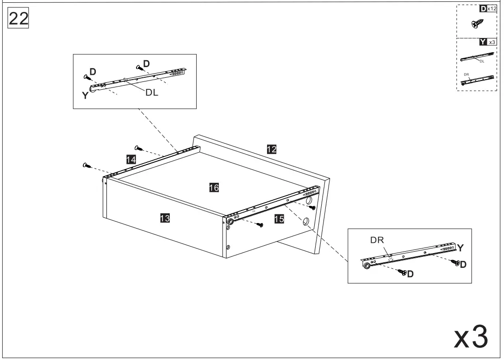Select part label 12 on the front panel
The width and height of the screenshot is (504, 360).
pyautogui.click(x=272, y=149)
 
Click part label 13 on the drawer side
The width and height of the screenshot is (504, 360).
pyautogui.click(x=164, y=218)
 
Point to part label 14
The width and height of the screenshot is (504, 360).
pyautogui.click(x=131, y=159)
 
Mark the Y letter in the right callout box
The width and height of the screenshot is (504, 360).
pyautogui.click(x=461, y=247)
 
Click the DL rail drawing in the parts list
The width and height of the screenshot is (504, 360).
pyautogui.click(x=475, y=57)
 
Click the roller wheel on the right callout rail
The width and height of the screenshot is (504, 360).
pyautogui.click(x=367, y=266)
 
